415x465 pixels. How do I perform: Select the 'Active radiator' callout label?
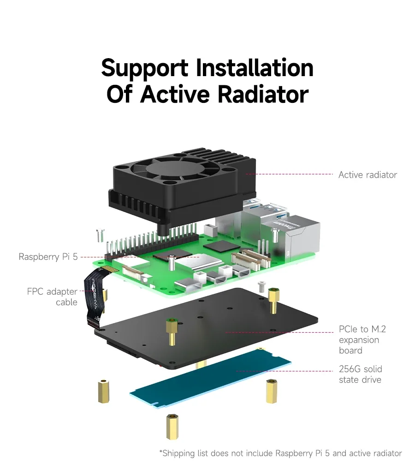(x=368, y=175)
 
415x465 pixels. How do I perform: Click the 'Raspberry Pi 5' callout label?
(x=48, y=257)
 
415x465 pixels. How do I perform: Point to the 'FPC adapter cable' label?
(x=52, y=297)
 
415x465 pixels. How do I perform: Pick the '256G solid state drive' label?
(x=360, y=374)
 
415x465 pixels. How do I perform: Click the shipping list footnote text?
(x=280, y=453)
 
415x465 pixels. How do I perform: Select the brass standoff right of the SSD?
(x=272, y=391)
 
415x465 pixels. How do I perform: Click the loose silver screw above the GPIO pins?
(x=100, y=235)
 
